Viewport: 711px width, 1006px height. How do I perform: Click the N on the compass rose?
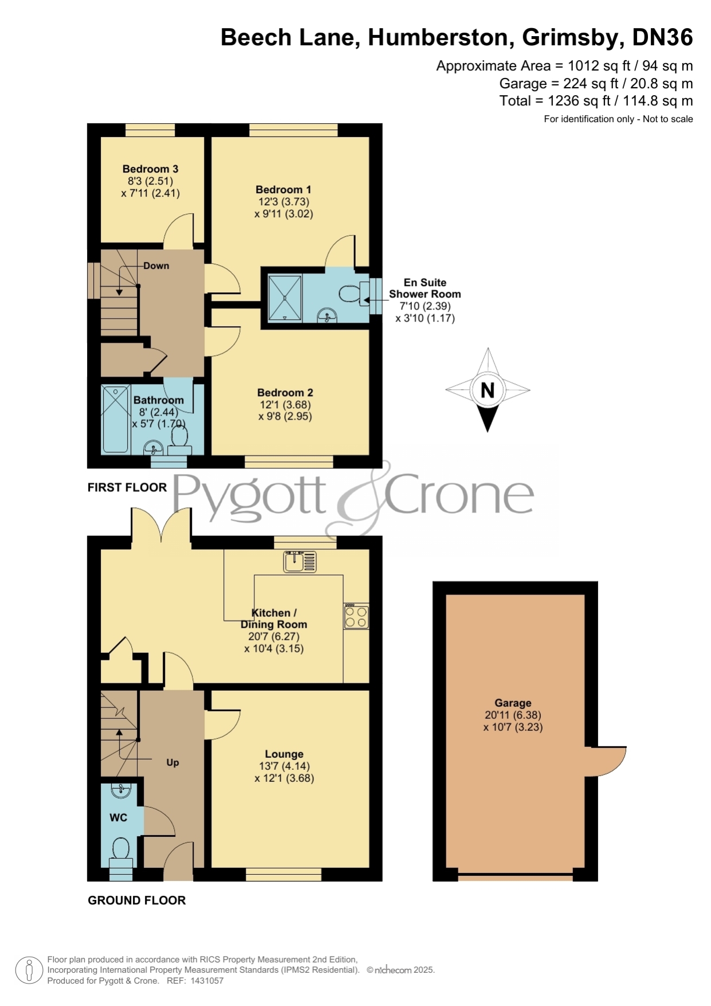tap(488, 390)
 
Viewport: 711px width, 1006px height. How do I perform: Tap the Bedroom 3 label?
tap(150, 169)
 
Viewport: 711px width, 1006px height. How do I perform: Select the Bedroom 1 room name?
tap(284, 190)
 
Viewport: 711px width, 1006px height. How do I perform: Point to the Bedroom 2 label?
tap(285, 393)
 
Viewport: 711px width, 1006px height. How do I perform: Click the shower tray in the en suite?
tap(285, 298)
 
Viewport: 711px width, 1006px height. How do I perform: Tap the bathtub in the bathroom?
tap(116, 420)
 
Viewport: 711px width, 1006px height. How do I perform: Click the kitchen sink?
tap(300, 562)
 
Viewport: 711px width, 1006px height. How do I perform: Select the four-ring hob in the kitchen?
tap(356, 617)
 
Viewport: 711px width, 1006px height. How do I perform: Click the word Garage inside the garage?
tap(513, 703)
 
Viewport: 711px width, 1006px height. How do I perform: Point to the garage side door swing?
tap(606, 761)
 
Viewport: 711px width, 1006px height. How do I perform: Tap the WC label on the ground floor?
tap(119, 817)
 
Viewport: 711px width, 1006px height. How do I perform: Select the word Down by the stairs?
tap(156, 266)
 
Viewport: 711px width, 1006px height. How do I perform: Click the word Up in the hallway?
tap(172, 762)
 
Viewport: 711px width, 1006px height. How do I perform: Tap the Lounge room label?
tap(284, 754)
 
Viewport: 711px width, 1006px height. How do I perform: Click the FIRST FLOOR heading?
tap(127, 487)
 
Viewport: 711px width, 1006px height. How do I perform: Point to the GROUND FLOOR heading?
tap(137, 901)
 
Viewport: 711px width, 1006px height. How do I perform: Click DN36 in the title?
tap(662, 38)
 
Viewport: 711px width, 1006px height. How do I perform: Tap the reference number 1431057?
tap(206, 981)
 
